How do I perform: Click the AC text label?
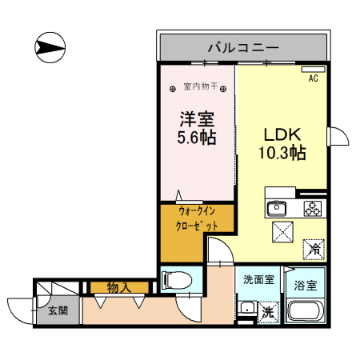(x=313, y=78)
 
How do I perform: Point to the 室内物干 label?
(x=201, y=86)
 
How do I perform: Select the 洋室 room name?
(x=197, y=119)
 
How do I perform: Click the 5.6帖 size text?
(x=197, y=137)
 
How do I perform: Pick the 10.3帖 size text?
(x=282, y=150)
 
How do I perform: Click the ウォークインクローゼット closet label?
(x=197, y=219)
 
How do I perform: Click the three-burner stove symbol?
(x=311, y=209)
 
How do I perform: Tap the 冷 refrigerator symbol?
(x=315, y=250)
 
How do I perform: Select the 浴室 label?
(x=306, y=284)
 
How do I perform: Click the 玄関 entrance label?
(x=56, y=311)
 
